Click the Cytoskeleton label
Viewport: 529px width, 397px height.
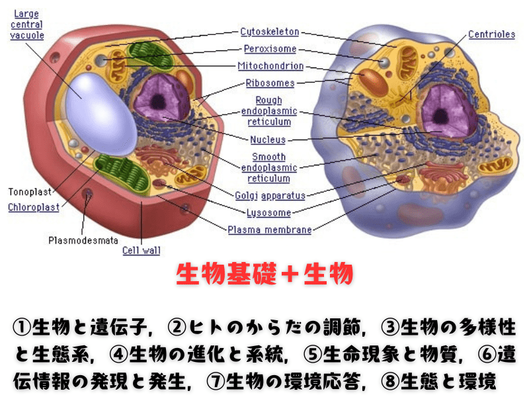click(269, 32)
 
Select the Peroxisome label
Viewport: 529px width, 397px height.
click(270, 49)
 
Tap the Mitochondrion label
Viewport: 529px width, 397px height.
click(270, 66)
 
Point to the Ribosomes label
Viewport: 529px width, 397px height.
click(270, 83)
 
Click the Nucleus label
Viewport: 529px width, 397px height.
click(268, 140)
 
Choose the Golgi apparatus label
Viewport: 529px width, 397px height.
click(270, 195)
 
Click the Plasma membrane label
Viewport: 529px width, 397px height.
click(269, 230)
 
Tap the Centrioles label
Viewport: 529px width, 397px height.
click(491, 34)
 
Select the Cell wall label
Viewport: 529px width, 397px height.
click(141, 251)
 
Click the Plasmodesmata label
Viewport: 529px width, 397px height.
click(79, 240)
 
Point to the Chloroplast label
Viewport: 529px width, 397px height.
click(34, 207)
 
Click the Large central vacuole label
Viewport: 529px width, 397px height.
click(27, 24)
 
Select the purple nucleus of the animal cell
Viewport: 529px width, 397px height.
click(442, 109)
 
